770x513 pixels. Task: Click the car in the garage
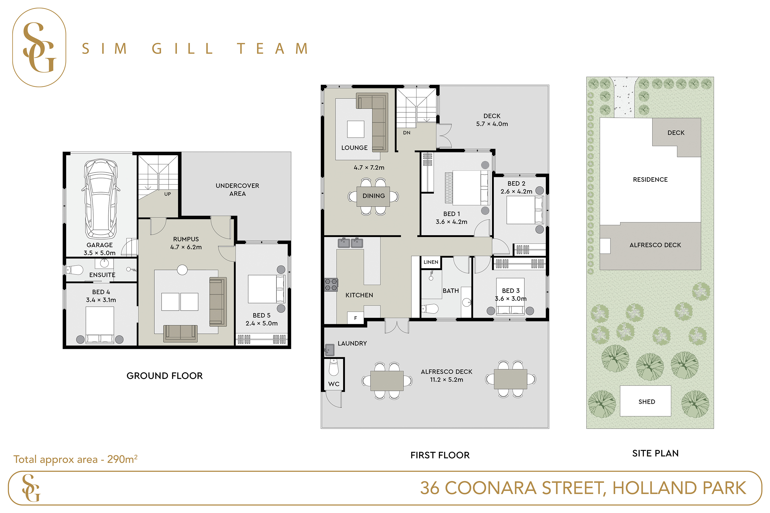pyautogui.click(x=101, y=199)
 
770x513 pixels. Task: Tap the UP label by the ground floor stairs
pyautogui.click(x=168, y=194)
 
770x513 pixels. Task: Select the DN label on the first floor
pyautogui.click(x=407, y=133)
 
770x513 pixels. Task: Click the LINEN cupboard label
pyautogui.click(x=431, y=262)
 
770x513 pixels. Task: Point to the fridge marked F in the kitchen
pyautogui.click(x=355, y=318)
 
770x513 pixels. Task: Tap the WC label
pyautogui.click(x=334, y=384)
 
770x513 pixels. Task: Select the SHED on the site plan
pyautogui.click(x=645, y=401)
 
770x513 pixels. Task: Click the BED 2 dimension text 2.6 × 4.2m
pyautogui.click(x=516, y=191)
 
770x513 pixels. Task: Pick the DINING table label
pyautogui.click(x=373, y=196)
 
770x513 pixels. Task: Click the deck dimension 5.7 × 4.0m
pyautogui.click(x=492, y=124)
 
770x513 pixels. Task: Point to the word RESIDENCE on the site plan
pyautogui.click(x=650, y=180)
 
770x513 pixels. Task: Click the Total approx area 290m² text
pyautogui.click(x=75, y=459)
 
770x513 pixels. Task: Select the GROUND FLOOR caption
pyautogui.click(x=165, y=376)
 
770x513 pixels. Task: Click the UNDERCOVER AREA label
pyautogui.click(x=237, y=190)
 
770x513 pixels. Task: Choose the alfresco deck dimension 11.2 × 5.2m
pyautogui.click(x=447, y=380)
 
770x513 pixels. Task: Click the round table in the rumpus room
pyautogui.click(x=182, y=270)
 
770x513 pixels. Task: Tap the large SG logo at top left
pyautogui.click(x=39, y=47)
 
